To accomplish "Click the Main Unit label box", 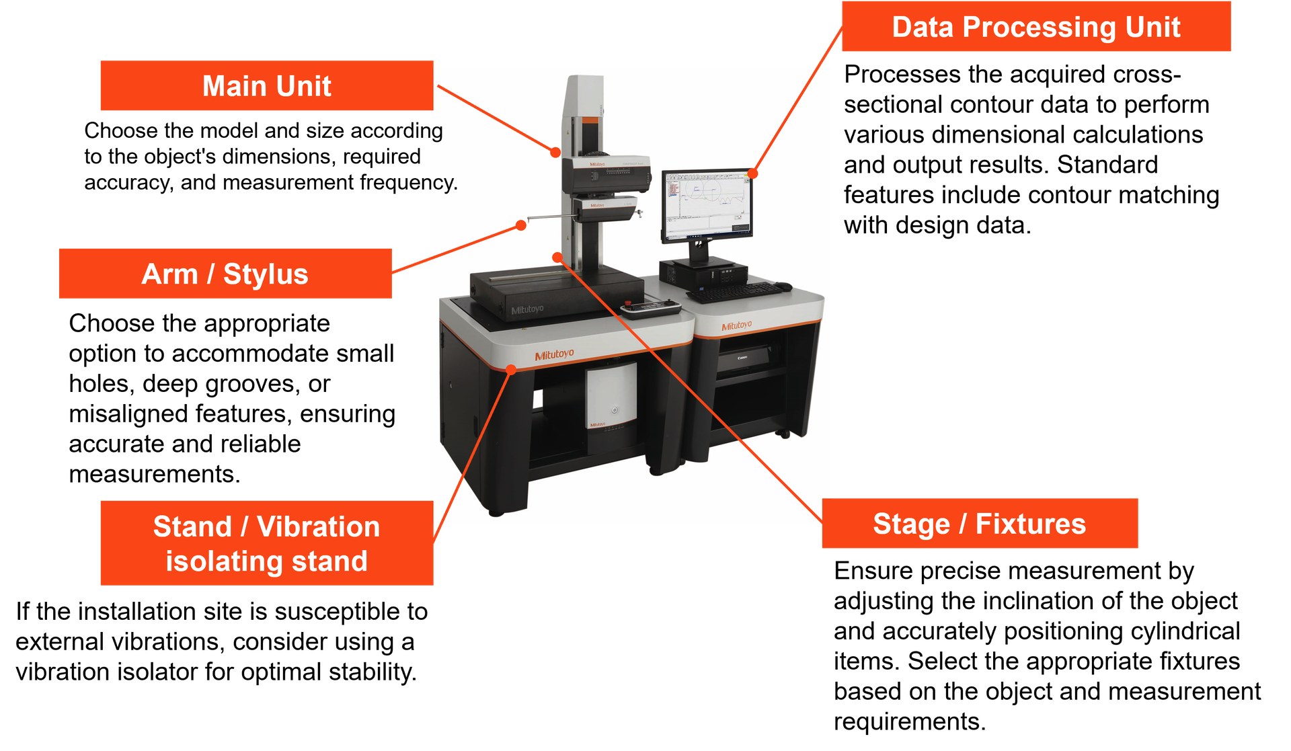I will (266, 86).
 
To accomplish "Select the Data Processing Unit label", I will (1035, 27).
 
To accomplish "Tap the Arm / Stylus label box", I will (225, 274).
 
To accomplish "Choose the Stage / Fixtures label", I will (979, 524).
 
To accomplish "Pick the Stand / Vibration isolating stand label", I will (266, 543).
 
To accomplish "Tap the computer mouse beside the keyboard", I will (784, 286).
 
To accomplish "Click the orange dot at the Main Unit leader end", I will (555, 153).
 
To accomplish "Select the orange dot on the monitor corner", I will (753, 173).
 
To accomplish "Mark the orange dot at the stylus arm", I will (521, 225).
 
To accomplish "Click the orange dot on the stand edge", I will (511, 369).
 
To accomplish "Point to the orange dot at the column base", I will (557, 256).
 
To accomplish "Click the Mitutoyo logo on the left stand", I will (554, 354).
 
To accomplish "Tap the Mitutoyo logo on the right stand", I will (736, 326).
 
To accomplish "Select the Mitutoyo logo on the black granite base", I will (527, 309).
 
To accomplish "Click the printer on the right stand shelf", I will (744, 358).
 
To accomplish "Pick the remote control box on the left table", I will (650, 308).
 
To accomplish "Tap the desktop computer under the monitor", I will (703, 272).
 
